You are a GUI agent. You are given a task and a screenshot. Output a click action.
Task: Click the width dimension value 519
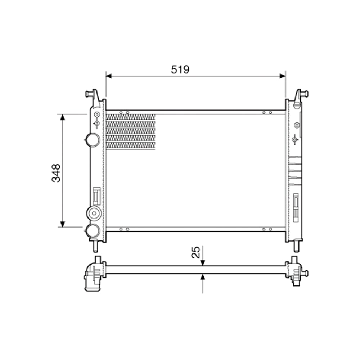coord(180,69)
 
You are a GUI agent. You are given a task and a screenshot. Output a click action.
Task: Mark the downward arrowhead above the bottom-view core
coord(203,263)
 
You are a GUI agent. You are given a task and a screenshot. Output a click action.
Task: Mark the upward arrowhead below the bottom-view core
coord(203,277)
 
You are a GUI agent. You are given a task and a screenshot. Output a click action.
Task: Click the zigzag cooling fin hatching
coord(131,131)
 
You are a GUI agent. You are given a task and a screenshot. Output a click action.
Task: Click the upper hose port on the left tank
coord(93,139)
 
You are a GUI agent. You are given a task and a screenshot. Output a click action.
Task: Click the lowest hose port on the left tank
coord(93,230)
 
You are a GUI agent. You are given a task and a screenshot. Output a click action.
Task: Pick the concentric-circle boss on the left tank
coord(94,213)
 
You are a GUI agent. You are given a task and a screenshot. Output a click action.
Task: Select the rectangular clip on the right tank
coord(296,207)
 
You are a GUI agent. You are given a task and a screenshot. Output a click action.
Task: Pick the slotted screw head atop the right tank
coord(297,105)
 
